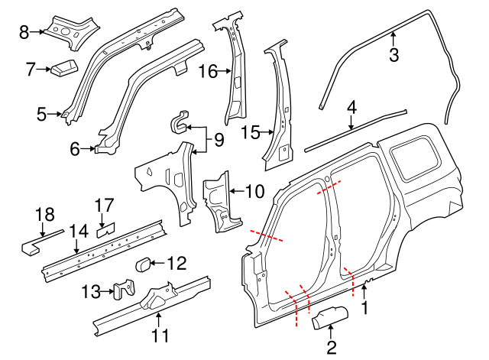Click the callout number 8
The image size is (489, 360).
[x=23, y=32]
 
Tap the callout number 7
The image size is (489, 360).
[x=31, y=70]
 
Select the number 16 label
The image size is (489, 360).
[x=208, y=72]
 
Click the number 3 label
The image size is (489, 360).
[x=394, y=55]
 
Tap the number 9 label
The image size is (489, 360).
[x=218, y=140]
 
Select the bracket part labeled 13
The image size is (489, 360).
[x=122, y=290]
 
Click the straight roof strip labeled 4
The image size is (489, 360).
[x=355, y=128]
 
